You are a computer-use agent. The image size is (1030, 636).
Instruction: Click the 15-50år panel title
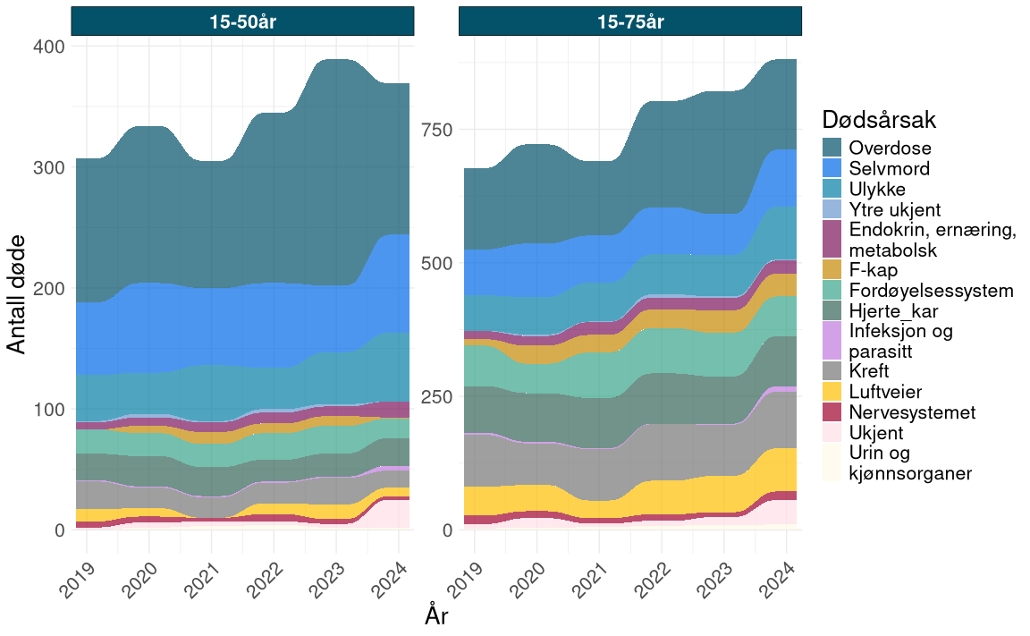coord(242,22)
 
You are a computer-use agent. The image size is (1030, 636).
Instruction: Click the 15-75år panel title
coord(630,22)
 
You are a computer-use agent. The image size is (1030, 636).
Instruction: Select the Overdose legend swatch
coord(833,148)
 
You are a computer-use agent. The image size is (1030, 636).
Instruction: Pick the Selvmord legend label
coord(890,168)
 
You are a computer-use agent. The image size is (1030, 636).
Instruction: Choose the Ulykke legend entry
coord(877,190)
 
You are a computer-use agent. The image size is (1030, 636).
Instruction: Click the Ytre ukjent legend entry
coord(895,210)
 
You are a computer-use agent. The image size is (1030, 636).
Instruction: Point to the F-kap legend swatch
coord(833,269)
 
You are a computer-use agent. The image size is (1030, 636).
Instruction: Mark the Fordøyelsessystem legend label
coord(931,291)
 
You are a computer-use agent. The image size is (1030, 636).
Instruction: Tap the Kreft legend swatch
coord(833,371)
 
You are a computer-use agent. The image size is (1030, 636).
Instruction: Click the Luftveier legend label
coord(885,392)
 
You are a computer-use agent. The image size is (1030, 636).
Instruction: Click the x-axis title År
coord(436,616)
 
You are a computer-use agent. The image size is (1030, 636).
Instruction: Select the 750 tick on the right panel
coord(436,129)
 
